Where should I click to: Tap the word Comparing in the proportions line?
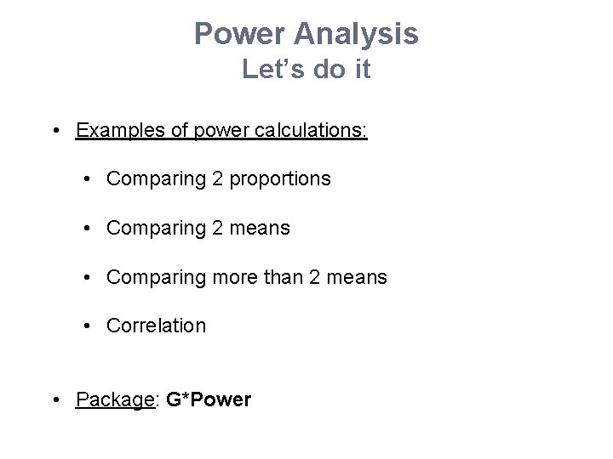click(x=150, y=179)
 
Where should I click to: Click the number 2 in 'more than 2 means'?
click(x=306, y=277)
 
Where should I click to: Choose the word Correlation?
click(x=156, y=326)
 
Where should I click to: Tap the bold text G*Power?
click(x=209, y=399)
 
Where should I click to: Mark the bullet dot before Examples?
click(x=55, y=132)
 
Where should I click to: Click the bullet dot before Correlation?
click(x=89, y=326)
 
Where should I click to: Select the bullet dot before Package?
click(x=55, y=399)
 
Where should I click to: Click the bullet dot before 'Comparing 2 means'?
click(x=89, y=229)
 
